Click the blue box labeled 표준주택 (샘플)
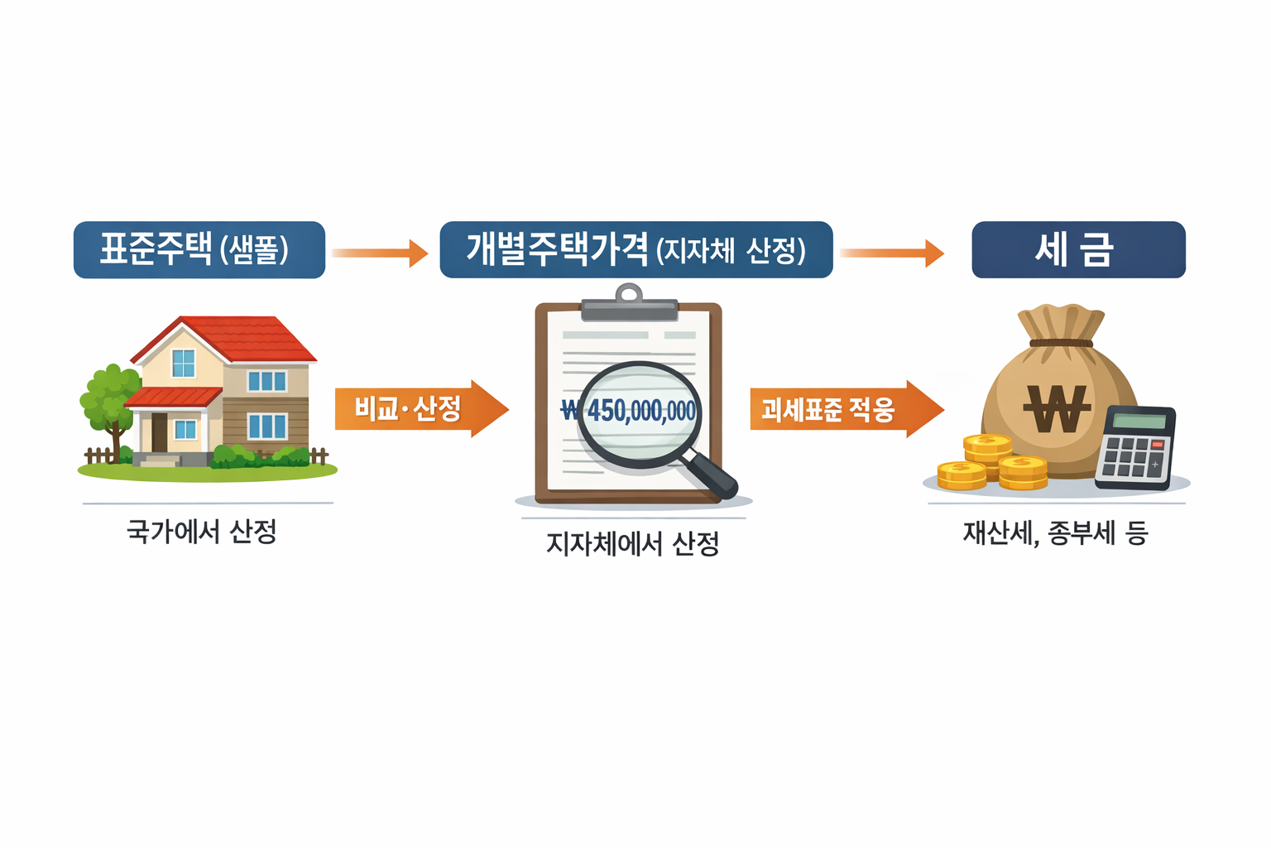199,249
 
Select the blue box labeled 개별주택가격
635,249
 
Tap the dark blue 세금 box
1078,249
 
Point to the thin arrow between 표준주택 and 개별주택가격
379,253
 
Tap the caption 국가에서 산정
202,531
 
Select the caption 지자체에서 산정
633,543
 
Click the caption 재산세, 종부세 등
1055,532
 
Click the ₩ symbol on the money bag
1057,408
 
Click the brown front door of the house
160,431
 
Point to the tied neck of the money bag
1061,342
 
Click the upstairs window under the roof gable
183,363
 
